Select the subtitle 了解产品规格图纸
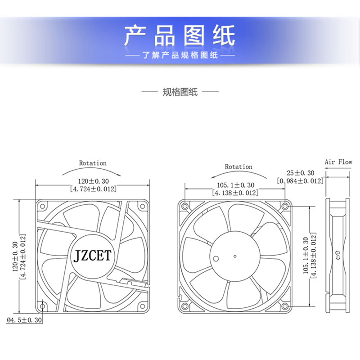(180, 56)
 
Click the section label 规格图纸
(180, 93)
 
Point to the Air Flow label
(338, 162)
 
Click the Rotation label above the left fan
(93, 163)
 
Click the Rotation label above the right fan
(238, 166)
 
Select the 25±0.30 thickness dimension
(300, 173)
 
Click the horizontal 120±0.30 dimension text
(93, 181)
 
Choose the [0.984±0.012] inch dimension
(300, 181)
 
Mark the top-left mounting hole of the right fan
(184, 206)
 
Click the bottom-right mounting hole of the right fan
(284, 306)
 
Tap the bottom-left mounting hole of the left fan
(43, 306)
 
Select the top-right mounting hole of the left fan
(143, 206)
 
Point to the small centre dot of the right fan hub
(234, 256)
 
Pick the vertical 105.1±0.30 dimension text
(305, 256)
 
